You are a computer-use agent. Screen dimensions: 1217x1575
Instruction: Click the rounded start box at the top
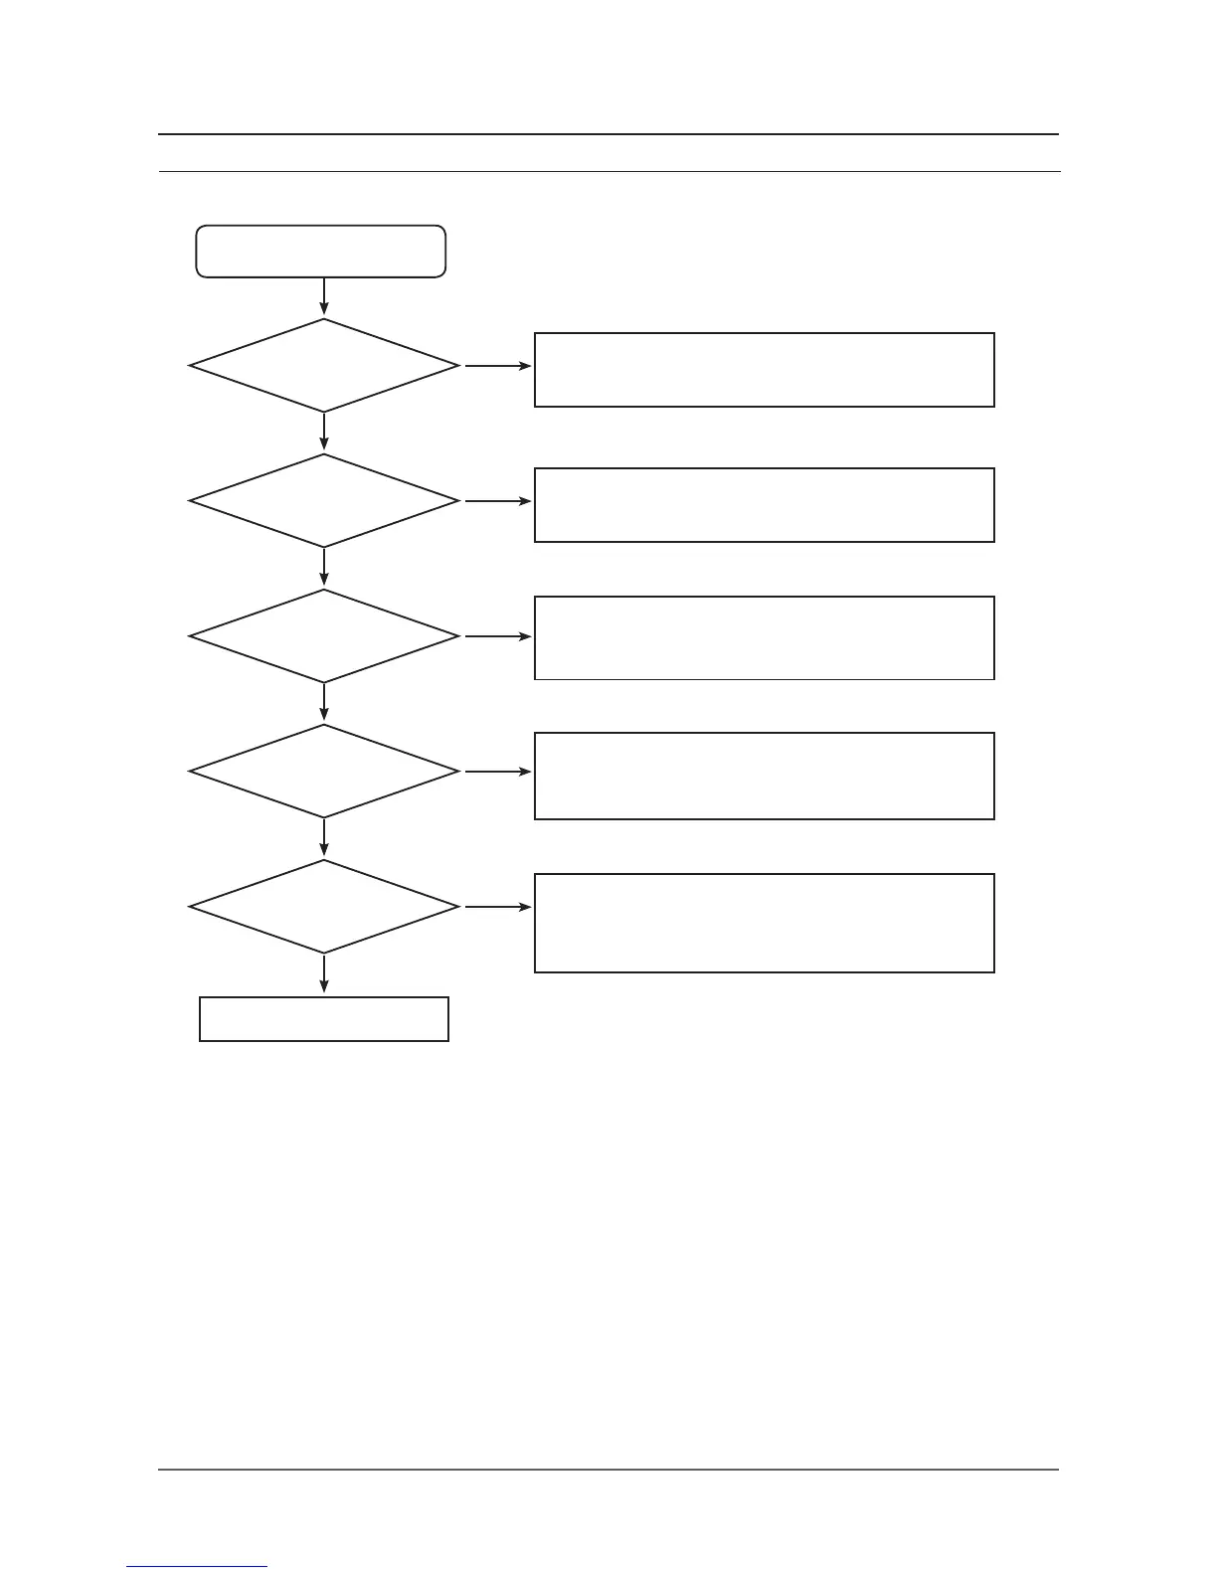(x=321, y=251)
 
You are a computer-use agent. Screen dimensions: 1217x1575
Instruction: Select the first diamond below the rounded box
(x=324, y=366)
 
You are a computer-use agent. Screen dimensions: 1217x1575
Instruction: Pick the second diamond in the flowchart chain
(x=324, y=501)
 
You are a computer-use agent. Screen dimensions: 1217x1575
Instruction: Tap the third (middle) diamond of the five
(x=324, y=636)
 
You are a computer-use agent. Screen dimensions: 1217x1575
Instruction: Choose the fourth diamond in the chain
(x=324, y=772)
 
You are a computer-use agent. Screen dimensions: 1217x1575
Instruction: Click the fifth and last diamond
(x=324, y=907)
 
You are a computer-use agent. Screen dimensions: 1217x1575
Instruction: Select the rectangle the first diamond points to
(x=764, y=370)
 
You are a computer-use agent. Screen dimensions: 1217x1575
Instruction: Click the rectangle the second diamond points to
(x=764, y=505)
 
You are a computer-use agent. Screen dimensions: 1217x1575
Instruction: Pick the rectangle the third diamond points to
(x=764, y=637)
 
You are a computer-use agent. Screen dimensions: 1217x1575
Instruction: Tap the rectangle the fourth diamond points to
(x=764, y=776)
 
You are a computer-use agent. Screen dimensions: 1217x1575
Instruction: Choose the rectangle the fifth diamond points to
(x=764, y=923)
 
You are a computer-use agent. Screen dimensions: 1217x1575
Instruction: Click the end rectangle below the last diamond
(x=324, y=1019)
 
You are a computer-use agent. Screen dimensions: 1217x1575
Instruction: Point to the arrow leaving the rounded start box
(x=324, y=296)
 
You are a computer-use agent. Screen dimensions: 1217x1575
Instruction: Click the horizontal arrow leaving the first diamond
(x=497, y=366)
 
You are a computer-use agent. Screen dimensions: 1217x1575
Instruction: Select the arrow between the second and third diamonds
(x=324, y=568)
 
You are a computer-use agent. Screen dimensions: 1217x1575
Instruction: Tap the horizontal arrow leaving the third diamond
(x=497, y=636)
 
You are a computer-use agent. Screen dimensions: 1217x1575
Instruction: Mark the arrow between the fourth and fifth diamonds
(x=324, y=838)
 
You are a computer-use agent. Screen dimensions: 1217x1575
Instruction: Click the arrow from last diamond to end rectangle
(x=324, y=974)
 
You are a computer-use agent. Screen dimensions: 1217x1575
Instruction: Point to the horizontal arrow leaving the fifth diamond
(x=497, y=907)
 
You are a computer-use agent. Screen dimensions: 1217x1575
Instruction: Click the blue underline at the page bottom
(x=197, y=1567)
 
